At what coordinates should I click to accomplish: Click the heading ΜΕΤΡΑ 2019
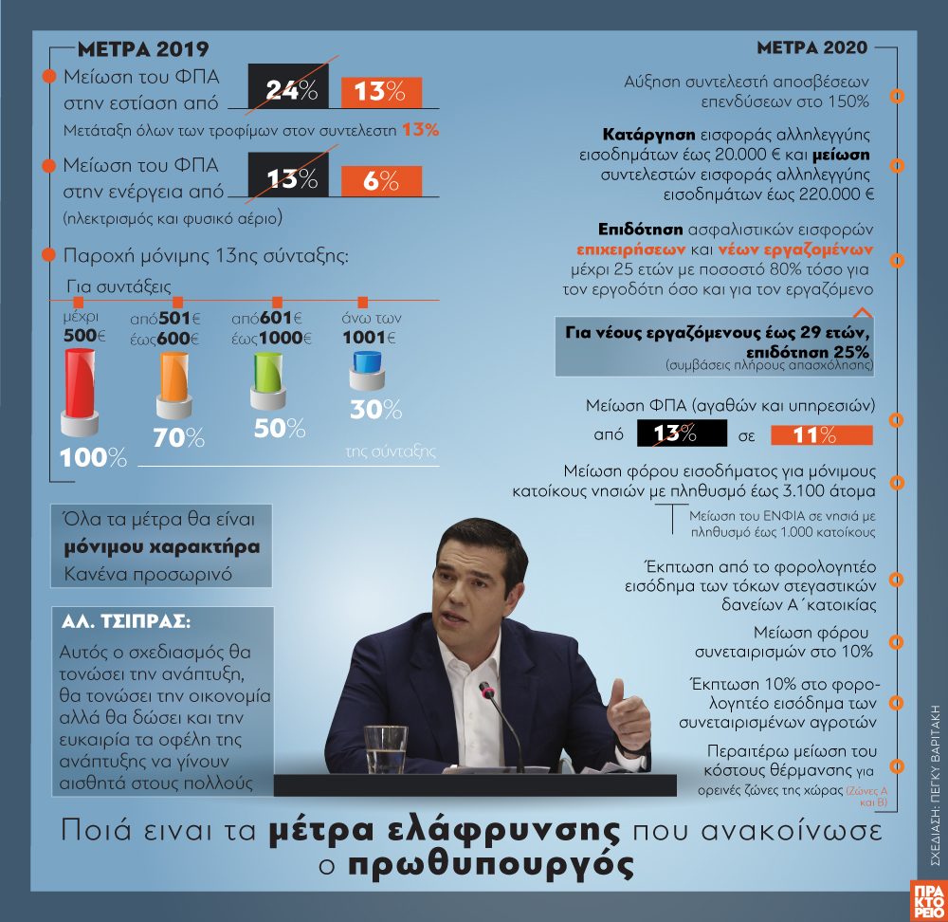coord(142,49)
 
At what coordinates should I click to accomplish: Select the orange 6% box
coord(380,180)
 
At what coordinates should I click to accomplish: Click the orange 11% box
coord(821,434)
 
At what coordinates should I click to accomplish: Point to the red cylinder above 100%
coord(79,387)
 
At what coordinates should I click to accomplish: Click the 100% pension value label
coord(93,457)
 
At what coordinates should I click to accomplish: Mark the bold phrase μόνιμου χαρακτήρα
coord(162,547)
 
